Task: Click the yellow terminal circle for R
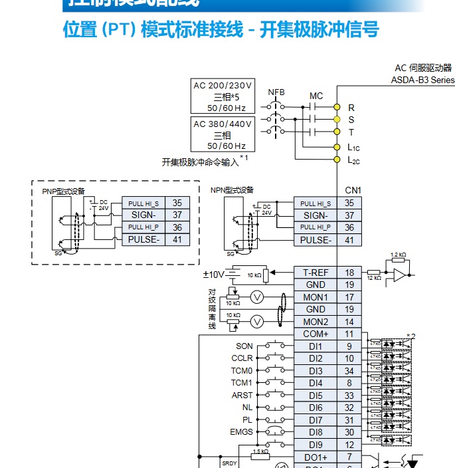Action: click(337, 107)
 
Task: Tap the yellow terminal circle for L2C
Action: click(337, 160)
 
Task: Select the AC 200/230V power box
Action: click(223, 96)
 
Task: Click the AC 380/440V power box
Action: click(223, 135)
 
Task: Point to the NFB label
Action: click(276, 92)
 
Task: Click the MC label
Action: click(316, 96)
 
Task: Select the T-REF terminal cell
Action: click(316, 273)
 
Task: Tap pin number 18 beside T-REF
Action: click(349, 273)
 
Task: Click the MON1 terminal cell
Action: click(316, 297)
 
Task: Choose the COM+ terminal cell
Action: click(316, 334)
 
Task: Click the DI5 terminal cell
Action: click(316, 395)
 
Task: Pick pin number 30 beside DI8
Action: click(349, 431)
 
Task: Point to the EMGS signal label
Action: click(241, 431)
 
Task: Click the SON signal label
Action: click(244, 346)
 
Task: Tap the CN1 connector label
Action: click(353, 190)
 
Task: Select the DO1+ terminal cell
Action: click(316, 457)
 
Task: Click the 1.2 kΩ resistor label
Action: click(399, 255)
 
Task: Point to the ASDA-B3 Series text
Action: click(422, 80)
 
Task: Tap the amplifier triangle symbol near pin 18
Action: click(400, 273)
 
